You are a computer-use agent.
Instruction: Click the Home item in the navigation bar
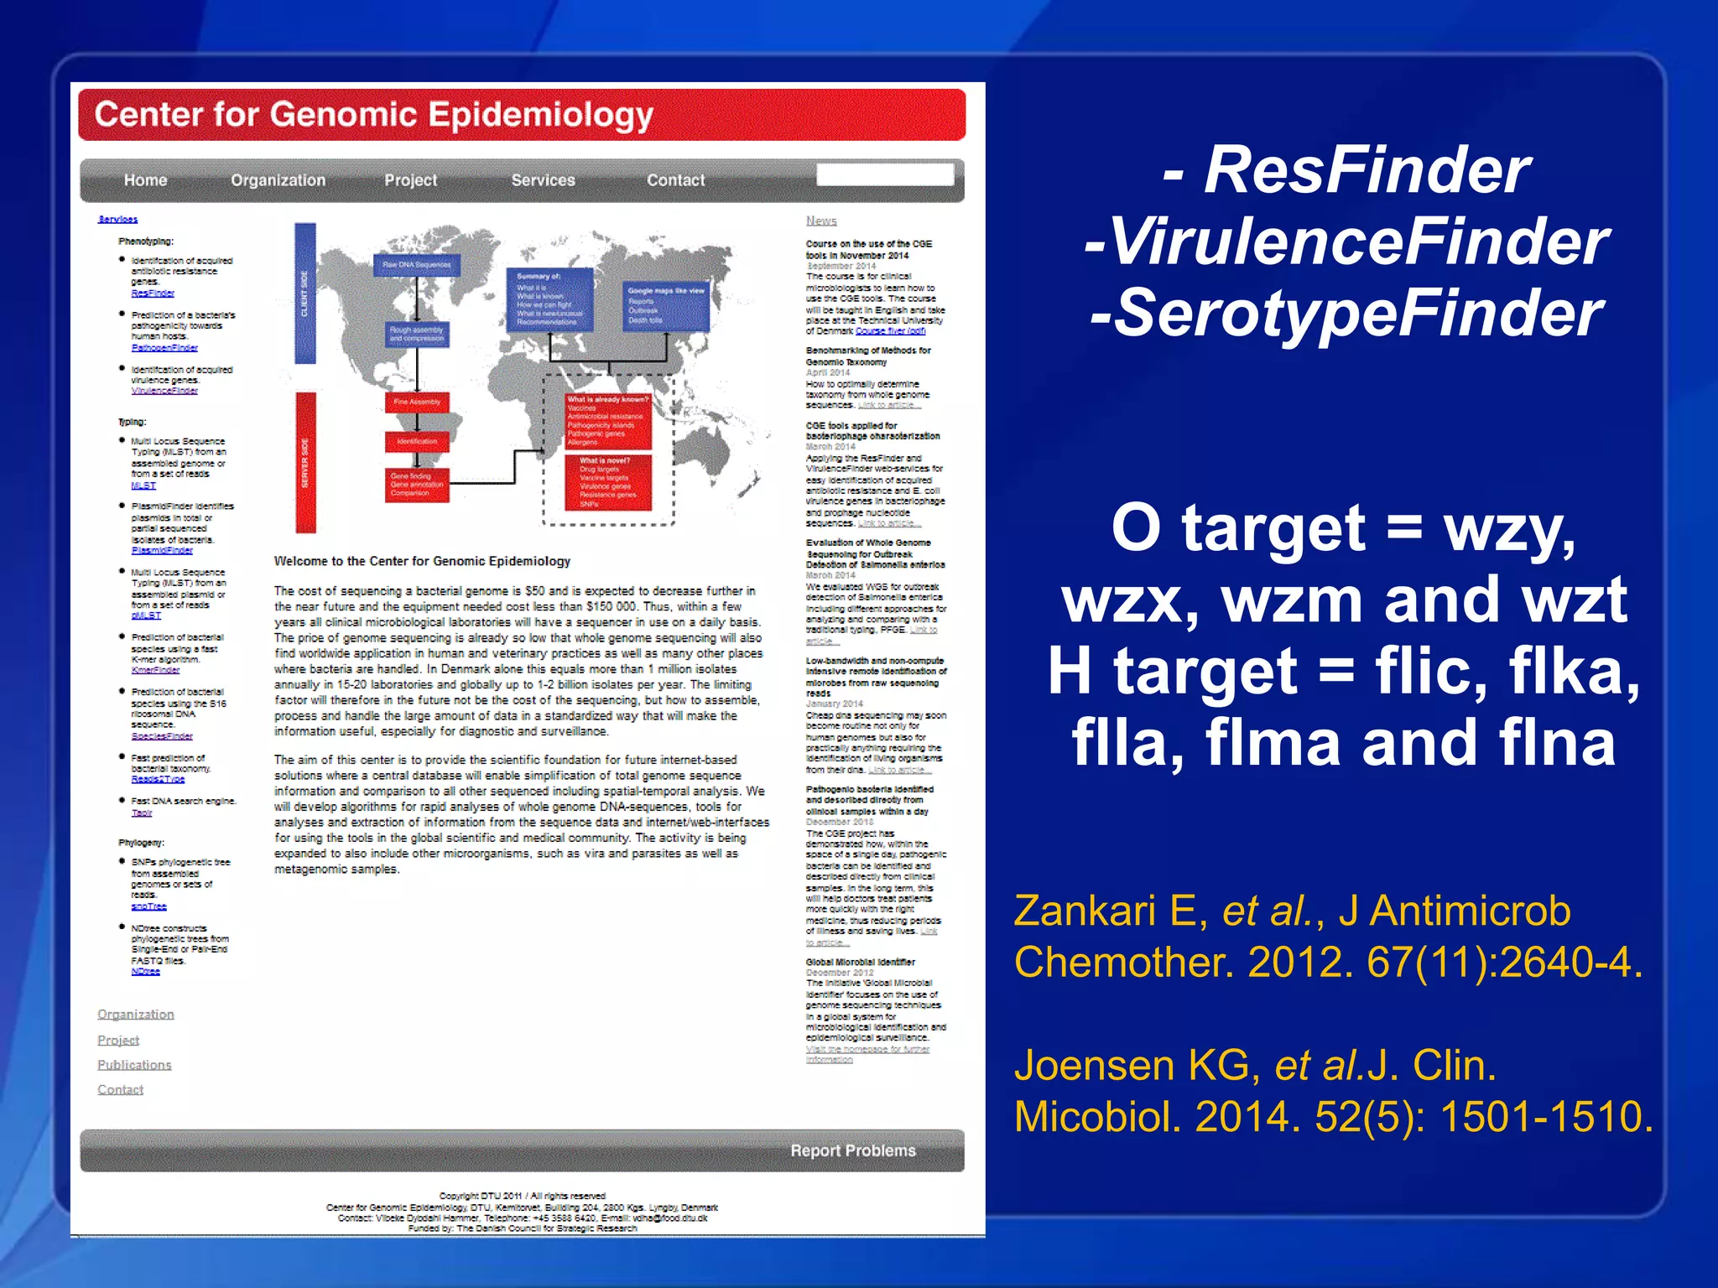point(145,180)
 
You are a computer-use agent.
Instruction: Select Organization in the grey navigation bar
point(278,180)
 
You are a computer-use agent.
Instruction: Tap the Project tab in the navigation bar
point(410,180)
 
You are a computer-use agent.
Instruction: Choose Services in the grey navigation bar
point(543,180)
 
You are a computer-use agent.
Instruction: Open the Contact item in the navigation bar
point(675,180)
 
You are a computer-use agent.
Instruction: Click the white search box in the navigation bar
point(885,174)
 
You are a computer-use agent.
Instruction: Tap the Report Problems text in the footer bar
point(852,1150)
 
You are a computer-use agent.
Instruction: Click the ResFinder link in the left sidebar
point(153,293)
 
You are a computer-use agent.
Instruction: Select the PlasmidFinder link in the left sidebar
point(162,551)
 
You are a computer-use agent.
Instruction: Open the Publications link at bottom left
point(134,1065)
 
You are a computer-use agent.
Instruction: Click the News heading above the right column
point(821,221)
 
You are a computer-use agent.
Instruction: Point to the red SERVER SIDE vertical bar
point(305,462)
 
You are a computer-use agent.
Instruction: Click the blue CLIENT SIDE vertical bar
point(305,293)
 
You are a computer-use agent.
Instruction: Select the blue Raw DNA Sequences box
point(417,265)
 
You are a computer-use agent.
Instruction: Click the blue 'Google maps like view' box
point(666,306)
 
